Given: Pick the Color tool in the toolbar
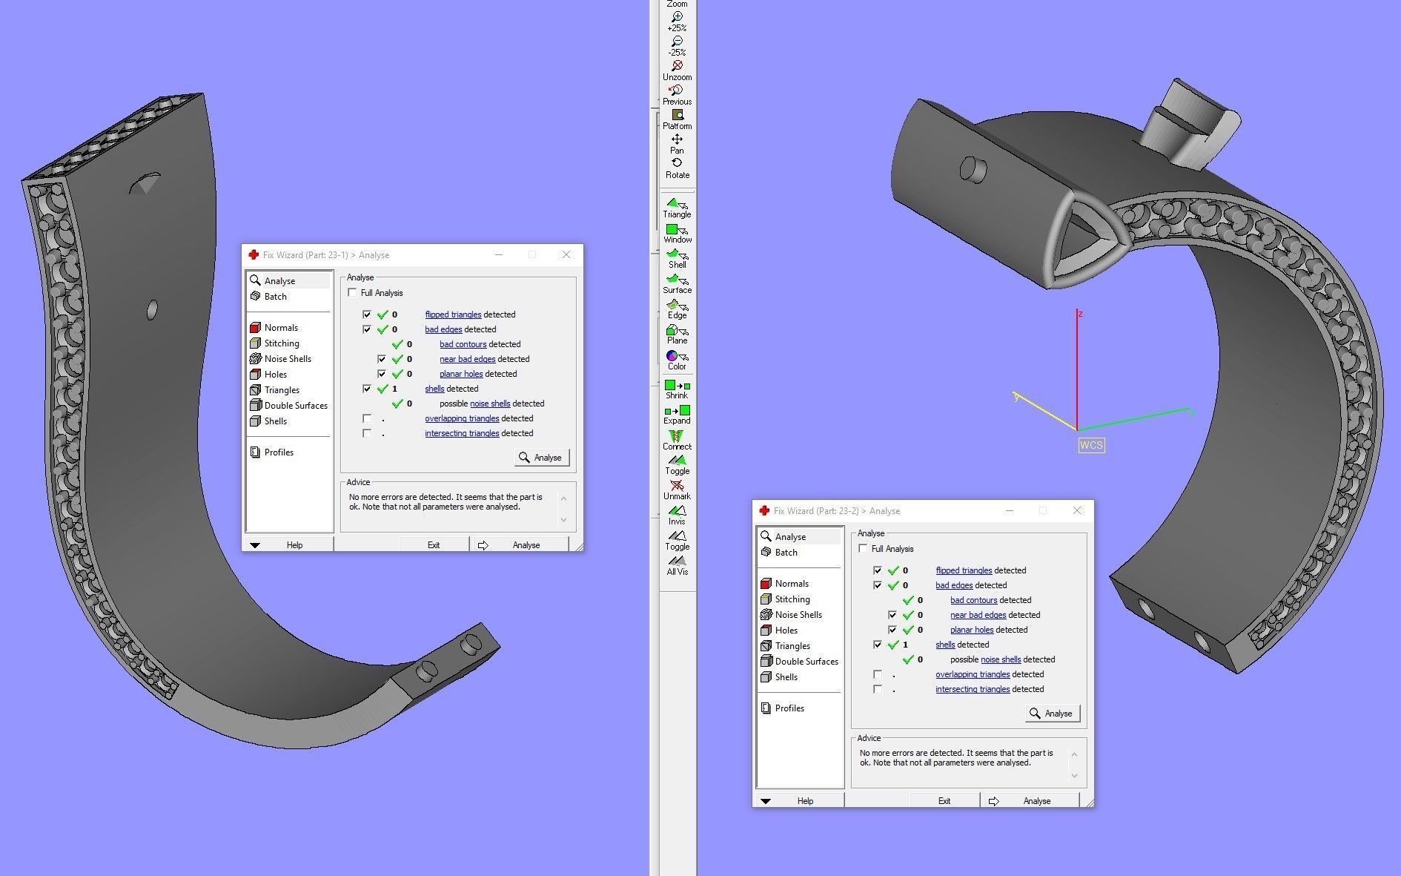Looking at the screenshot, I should point(676,359).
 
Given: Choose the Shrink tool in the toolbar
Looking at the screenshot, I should point(677,388).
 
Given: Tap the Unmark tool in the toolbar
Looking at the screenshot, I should point(677,489).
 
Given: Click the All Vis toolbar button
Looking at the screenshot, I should point(677,564).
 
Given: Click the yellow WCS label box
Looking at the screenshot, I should point(1091,445).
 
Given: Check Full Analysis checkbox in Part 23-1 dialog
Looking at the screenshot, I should point(352,293).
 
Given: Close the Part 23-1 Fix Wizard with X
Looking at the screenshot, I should point(566,254).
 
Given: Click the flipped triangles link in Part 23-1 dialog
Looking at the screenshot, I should point(453,314).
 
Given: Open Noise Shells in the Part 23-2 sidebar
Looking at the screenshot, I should point(798,615).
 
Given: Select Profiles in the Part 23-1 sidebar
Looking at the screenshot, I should point(279,452).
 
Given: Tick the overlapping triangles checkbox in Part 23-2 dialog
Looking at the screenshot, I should point(878,674).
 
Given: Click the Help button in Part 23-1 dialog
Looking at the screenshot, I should point(294,545).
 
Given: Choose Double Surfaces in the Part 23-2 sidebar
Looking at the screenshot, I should point(806,662).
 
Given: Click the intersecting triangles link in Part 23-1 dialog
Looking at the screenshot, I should point(461,433).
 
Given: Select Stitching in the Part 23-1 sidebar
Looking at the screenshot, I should point(282,343).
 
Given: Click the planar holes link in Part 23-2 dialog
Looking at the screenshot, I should point(972,630).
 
